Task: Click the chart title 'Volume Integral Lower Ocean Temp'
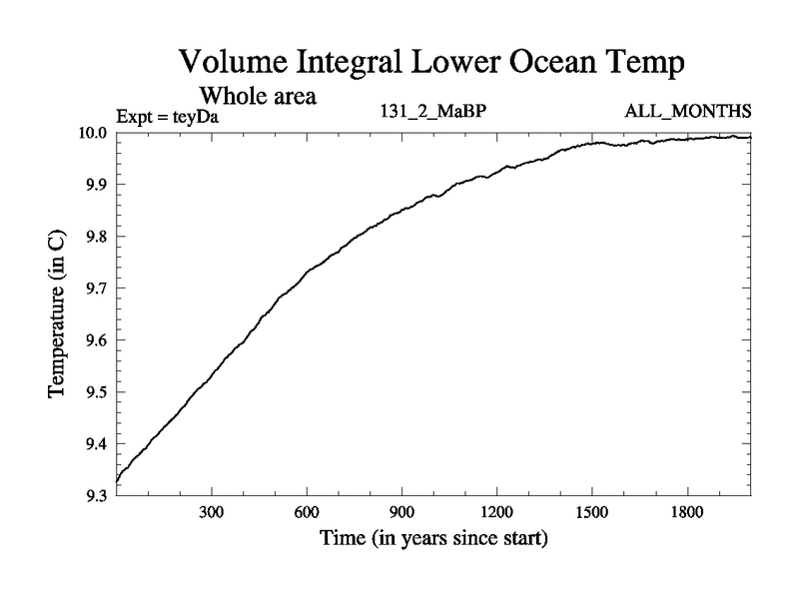point(432,63)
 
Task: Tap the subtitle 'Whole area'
point(259,97)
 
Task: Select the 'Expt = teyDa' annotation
point(167,116)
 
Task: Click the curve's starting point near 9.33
point(118,481)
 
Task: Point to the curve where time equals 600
point(307,271)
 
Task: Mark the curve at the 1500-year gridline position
point(592,144)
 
